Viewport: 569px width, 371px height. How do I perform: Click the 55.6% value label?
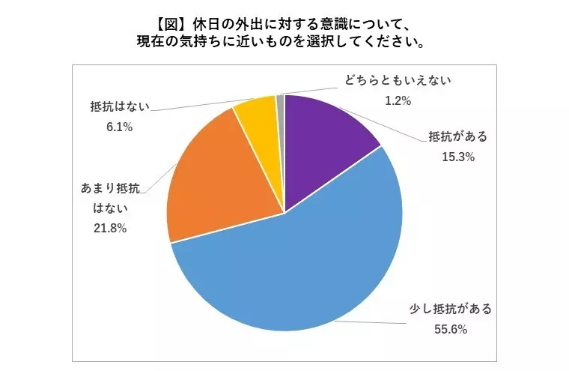[451, 330]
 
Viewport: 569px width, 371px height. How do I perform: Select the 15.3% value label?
[458, 157]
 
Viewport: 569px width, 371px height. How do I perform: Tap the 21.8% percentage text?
[110, 228]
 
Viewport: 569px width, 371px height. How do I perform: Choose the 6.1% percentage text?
[119, 127]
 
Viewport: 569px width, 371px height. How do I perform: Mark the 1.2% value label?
[398, 100]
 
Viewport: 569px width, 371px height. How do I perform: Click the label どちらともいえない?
[398, 80]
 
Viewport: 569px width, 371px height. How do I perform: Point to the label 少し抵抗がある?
[451, 309]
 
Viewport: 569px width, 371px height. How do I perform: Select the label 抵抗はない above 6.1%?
[120, 106]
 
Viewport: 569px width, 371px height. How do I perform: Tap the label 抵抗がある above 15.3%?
[458, 136]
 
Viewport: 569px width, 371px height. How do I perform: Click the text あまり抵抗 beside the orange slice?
[110, 188]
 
